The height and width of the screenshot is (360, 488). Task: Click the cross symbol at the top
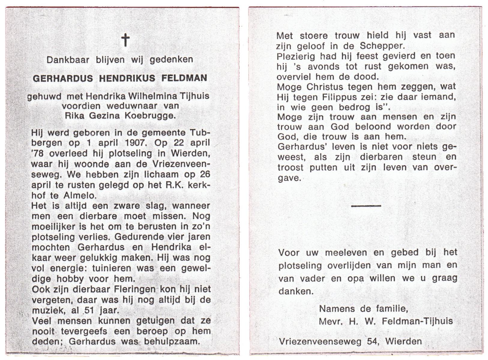click(125, 40)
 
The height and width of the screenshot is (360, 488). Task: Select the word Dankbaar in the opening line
click(68, 60)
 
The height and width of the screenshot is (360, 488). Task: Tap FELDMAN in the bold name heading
click(184, 78)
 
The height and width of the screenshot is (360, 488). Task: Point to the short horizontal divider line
click(366, 206)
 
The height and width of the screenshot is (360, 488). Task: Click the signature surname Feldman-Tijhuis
click(417, 321)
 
